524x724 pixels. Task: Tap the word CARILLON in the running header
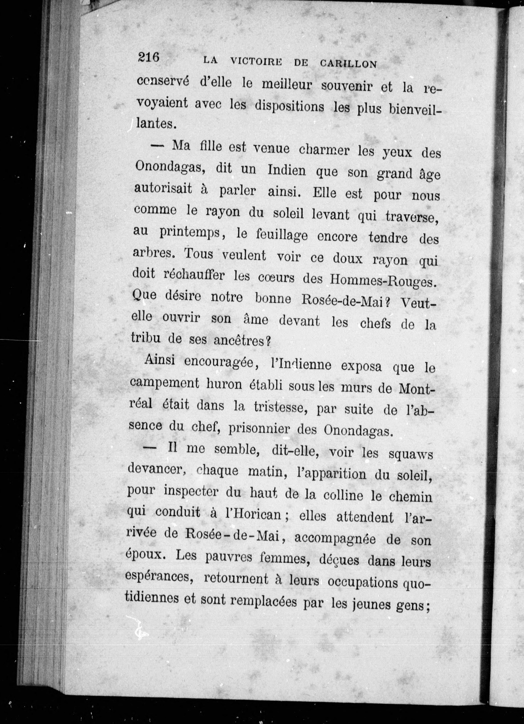point(348,64)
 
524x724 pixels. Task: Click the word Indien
point(286,171)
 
